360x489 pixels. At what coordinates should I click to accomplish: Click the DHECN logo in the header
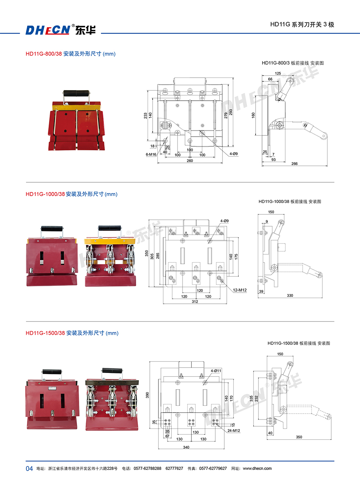60,30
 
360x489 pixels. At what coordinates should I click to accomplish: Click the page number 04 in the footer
29,468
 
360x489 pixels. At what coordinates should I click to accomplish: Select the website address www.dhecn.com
257,468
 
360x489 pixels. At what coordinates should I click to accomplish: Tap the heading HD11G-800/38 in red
44,54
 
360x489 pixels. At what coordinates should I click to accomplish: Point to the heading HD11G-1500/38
45,333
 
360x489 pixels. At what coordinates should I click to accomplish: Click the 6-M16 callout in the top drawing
151,155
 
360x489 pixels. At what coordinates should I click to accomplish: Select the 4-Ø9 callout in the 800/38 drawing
234,154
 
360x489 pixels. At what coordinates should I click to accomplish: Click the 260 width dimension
190,161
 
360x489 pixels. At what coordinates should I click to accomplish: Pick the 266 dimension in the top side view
294,164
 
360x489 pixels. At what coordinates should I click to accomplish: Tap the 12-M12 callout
240,290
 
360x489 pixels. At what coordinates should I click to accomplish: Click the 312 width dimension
195,302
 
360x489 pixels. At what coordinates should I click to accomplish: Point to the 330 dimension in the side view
290,295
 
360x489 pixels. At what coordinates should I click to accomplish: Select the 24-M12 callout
234,431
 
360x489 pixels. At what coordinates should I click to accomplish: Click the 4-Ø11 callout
216,371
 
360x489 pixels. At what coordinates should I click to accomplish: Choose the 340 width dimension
186,447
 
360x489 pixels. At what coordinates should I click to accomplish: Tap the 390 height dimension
147,395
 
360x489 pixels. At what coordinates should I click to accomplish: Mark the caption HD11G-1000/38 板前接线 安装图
290,201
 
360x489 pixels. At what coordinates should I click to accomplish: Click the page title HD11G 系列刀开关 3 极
302,25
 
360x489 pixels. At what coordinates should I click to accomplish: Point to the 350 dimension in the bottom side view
299,437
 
